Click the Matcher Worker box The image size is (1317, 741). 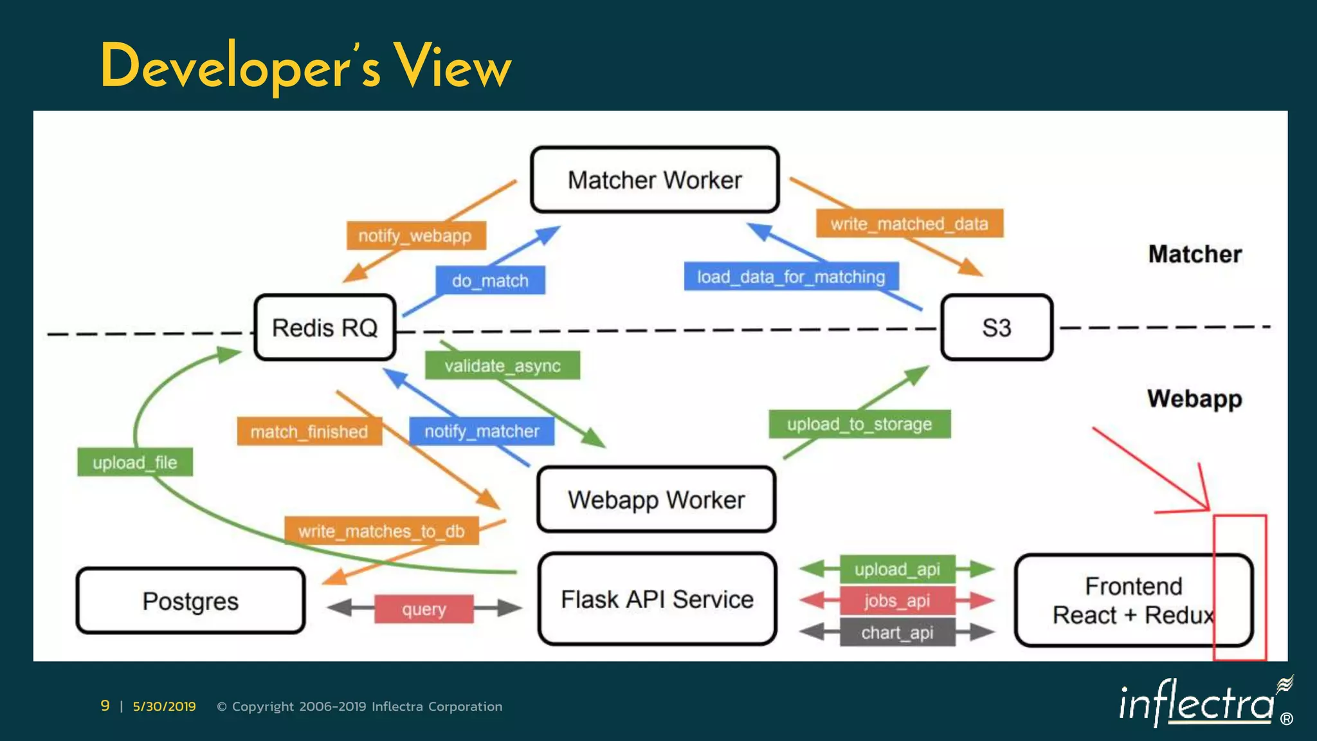(655, 179)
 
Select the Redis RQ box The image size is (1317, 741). (325, 327)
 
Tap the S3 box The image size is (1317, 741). (997, 327)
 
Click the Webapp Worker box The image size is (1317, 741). (656, 500)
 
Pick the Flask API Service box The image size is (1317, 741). (657, 599)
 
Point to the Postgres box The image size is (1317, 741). (190, 601)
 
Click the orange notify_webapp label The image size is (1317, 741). (415, 235)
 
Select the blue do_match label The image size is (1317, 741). (490, 280)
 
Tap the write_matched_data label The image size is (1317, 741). (909, 223)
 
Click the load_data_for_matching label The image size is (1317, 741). (791, 277)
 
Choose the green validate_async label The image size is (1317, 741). (502, 365)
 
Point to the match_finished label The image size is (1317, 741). (309, 431)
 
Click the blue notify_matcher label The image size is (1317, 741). (482, 431)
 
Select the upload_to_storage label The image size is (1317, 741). (859, 424)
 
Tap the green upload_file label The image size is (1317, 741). (134, 462)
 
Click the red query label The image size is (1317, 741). (424, 608)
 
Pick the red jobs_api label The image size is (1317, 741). (897, 601)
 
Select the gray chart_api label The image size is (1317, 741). (897, 632)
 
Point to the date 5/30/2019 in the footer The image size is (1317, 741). (164, 706)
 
